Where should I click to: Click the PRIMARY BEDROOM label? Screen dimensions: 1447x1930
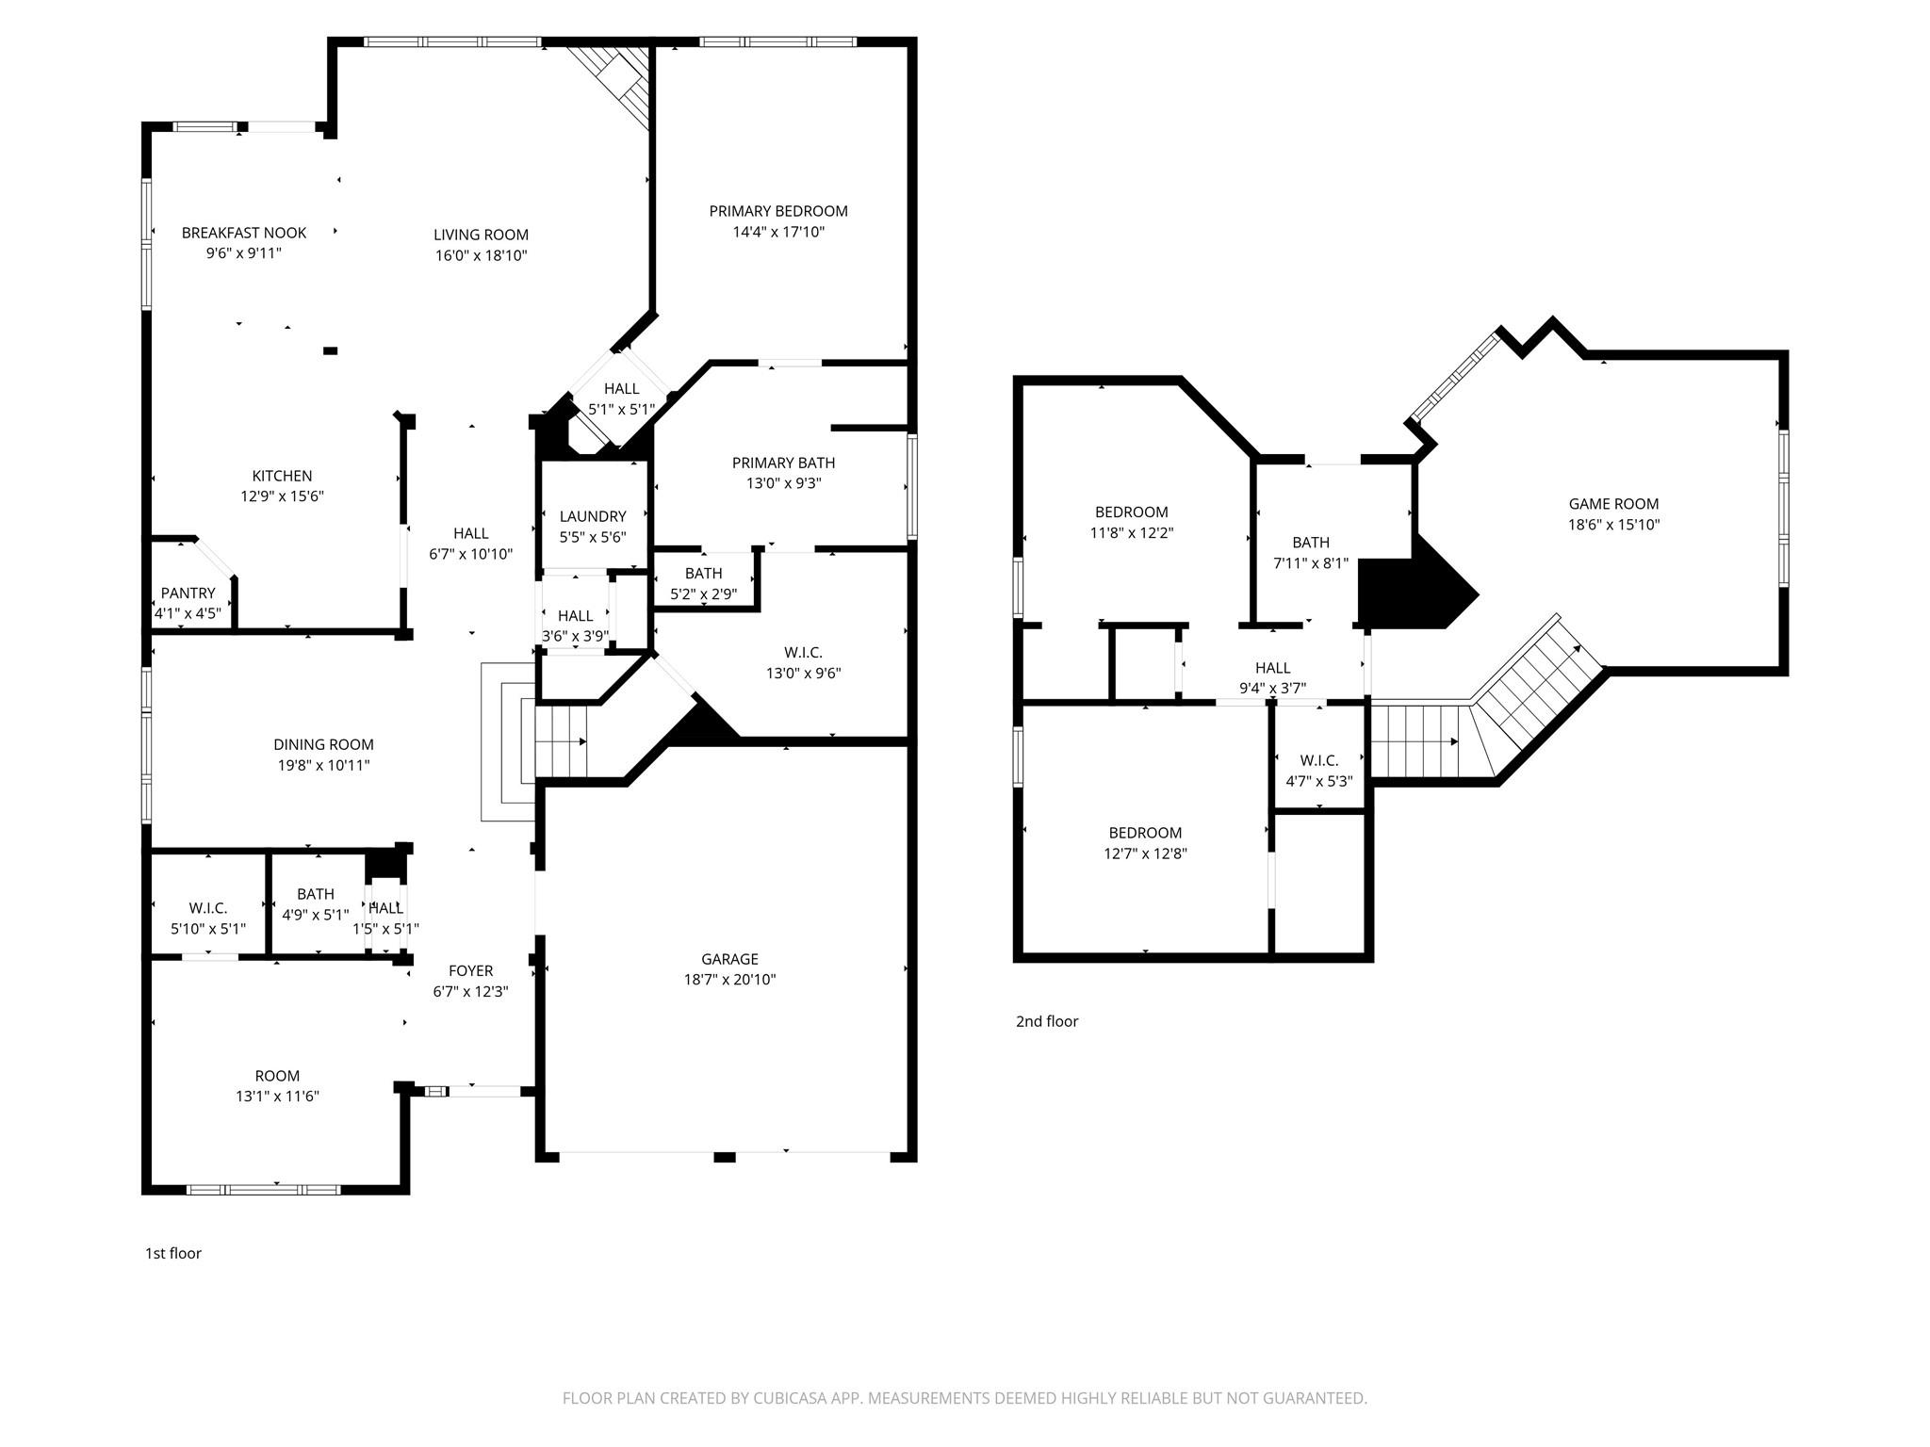tap(778, 211)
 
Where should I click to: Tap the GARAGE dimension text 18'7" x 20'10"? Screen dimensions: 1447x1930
tap(729, 980)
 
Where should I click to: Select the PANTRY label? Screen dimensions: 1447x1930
tap(188, 593)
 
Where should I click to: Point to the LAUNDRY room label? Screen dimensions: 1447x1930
tap(592, 516)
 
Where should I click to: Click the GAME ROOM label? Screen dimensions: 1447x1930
tap(1613, 504)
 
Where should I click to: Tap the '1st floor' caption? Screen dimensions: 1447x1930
tap(172, 1253)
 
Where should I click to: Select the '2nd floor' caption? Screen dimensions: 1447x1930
tap(1046, 1021)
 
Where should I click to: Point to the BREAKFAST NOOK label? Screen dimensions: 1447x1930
tap(244, 233)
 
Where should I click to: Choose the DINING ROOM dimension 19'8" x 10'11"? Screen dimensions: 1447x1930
tap(323, 765)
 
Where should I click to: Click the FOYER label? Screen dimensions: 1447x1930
tap(470, 970)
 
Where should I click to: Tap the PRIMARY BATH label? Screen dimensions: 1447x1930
tap(783, 463)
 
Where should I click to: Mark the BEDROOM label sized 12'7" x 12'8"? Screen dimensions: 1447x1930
tap(1145, 833)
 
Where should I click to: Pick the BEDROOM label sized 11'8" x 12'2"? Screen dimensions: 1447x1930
tap(1131, 512)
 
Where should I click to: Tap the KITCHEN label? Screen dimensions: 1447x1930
tap(282, 476)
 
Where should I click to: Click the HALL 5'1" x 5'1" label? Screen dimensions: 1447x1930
tap(621, 388)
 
